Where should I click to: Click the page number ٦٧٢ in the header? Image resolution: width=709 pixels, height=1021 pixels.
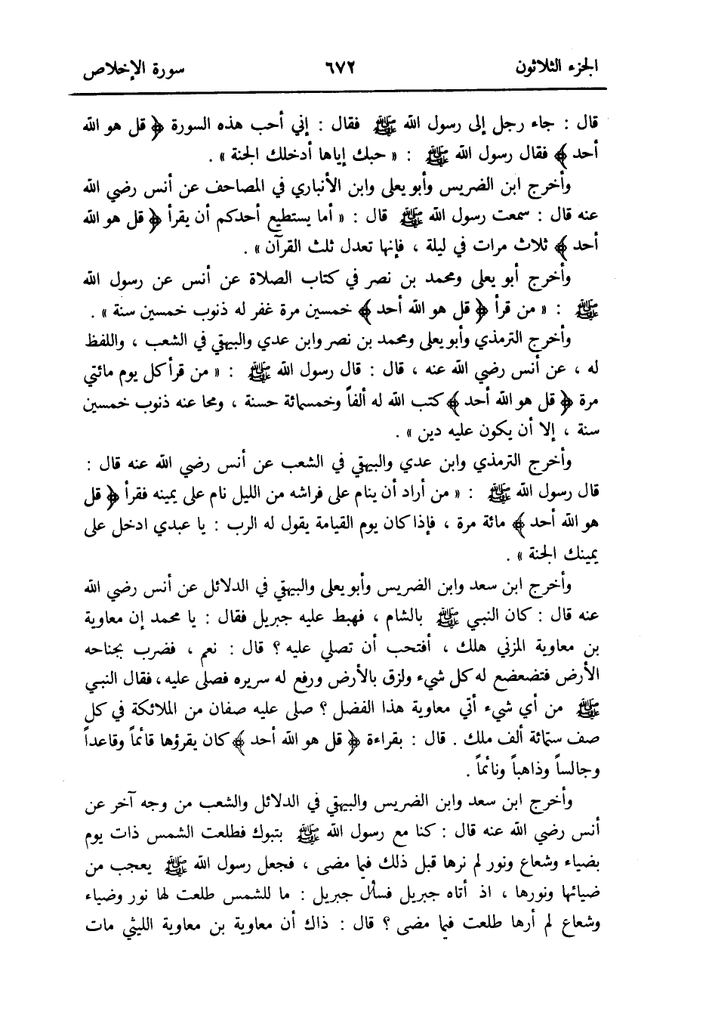[338, 66]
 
